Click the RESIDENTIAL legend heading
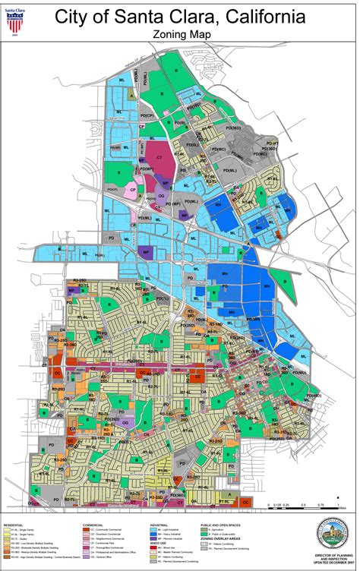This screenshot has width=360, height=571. tap(14, 524)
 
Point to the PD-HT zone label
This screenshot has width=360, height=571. tap(272, 143)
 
